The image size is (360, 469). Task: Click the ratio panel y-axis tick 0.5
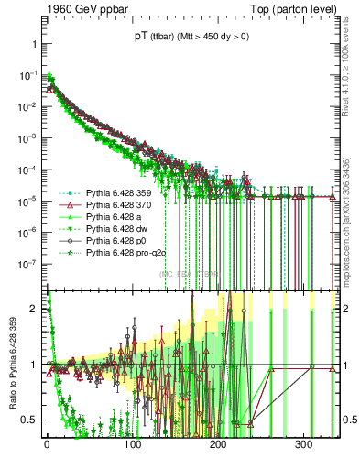(31, 420)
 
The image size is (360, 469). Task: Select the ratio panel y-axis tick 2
(35, 309)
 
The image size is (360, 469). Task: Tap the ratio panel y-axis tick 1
(35, 365)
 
